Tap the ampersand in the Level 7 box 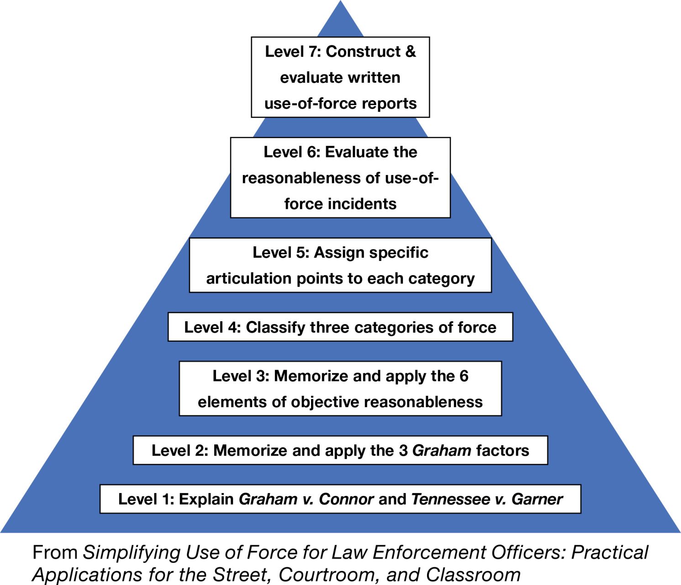point(410,52)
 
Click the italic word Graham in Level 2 point(442,451)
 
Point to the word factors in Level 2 point(502,451)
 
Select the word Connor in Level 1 point(346,499)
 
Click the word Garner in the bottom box point(537,499)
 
